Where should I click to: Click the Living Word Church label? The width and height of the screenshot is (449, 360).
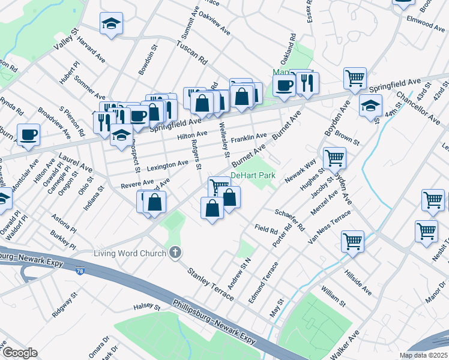point(130,253)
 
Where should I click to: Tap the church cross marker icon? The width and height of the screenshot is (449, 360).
point(175,253)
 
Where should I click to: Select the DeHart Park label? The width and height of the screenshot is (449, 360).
point(253,175)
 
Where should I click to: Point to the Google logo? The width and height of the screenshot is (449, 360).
point(19,353)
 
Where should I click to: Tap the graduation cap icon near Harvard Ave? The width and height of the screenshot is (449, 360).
point(111,24)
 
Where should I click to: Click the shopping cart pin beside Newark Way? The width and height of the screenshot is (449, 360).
point(334,158)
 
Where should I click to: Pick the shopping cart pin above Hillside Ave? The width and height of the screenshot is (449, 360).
point(352,241)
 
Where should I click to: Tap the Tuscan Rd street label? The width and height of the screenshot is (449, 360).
point(191,53)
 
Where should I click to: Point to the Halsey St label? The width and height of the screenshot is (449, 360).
point(147,307)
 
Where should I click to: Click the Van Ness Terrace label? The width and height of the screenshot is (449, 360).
point(328,228)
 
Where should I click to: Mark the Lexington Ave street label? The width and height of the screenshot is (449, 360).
point(167,164)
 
